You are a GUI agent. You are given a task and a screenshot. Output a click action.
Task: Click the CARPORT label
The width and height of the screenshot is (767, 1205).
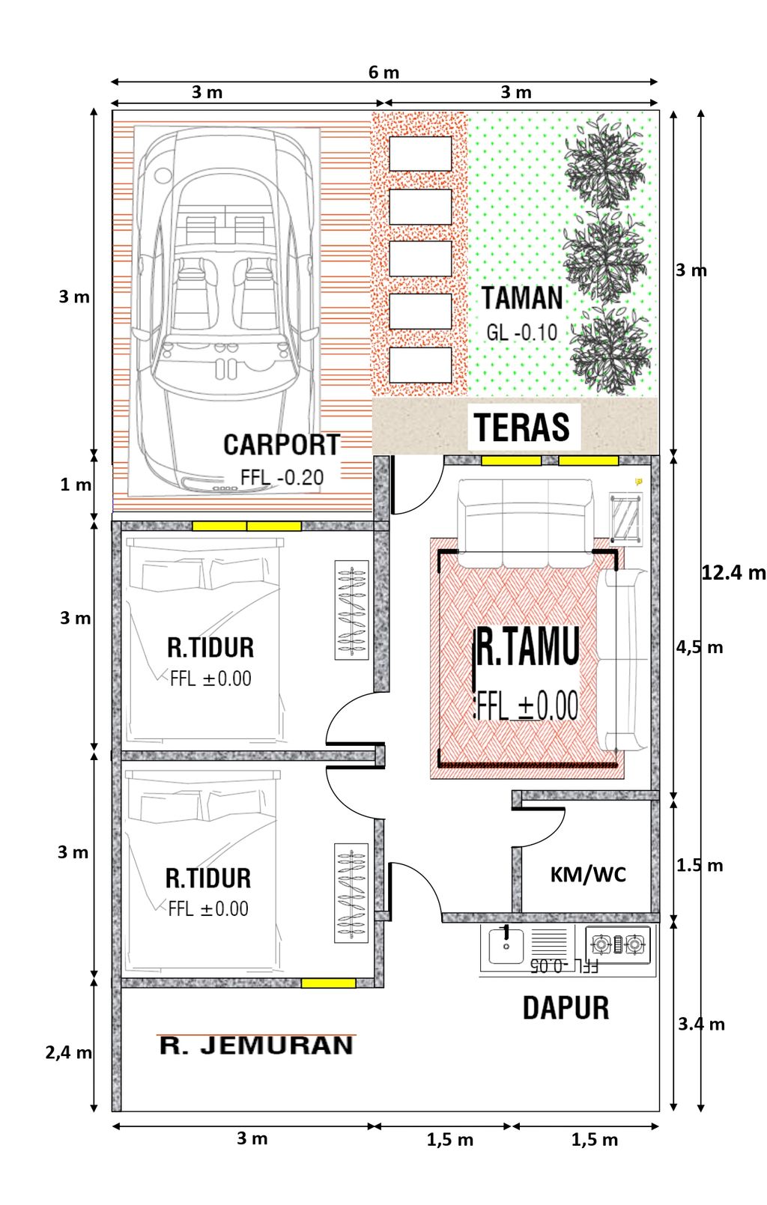point(282,445)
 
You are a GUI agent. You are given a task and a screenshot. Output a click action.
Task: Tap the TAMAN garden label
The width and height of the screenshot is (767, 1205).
point(522,298)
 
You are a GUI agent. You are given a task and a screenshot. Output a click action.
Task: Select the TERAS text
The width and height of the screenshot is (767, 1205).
point(522,427)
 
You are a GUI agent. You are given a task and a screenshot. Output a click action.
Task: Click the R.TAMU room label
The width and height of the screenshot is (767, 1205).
point(528,648)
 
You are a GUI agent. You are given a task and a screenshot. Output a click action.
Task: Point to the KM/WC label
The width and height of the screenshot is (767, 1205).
point(588,875)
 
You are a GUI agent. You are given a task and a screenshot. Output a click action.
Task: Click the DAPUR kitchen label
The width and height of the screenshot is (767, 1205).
point(566,1008)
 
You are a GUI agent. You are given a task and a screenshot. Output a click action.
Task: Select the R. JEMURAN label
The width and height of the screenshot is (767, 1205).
point(256,1045)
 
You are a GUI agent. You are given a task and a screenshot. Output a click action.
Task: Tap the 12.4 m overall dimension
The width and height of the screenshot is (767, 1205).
point(733,573)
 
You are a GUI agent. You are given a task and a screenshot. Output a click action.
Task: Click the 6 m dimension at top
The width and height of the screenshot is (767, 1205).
point(383,73)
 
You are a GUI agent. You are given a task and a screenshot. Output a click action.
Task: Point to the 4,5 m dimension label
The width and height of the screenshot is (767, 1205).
point(700,648)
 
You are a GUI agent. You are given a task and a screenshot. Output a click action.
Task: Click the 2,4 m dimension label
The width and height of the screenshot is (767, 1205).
point(68,1053)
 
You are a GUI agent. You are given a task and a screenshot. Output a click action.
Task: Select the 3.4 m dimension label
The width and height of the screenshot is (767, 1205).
point(701,1025)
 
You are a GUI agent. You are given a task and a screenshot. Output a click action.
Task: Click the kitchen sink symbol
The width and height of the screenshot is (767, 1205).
point(506,946)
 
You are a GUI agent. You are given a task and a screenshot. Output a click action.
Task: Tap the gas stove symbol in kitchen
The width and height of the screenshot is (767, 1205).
point(618,944)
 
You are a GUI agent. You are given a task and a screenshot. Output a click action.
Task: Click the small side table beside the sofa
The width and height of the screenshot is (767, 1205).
point(625,517)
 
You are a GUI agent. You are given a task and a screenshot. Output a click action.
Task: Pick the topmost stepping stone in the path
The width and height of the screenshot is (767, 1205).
point(420,154)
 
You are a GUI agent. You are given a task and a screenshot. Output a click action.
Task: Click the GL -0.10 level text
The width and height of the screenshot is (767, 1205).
point(522,332)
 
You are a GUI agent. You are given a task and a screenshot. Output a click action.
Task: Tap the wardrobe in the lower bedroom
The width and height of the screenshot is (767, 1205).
point(351,893)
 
